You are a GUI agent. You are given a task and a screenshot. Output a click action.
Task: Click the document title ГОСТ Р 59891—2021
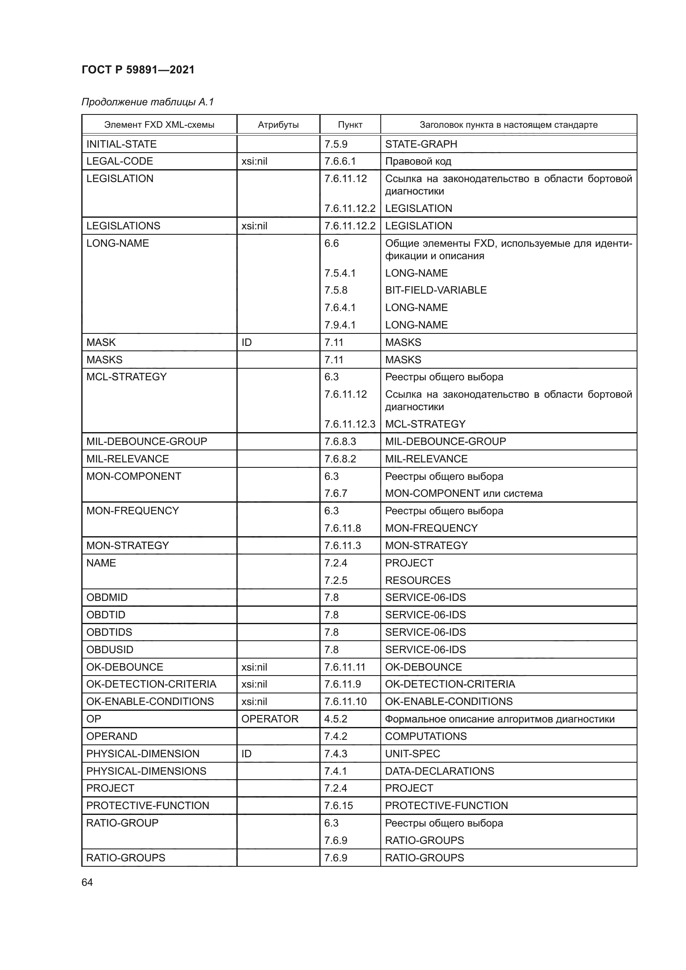click(x=138, y=70)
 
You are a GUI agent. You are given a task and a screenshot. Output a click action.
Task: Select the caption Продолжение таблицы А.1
click(x=147, y=102)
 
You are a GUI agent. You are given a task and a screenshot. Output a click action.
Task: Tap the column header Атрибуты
click(x=278, y=125)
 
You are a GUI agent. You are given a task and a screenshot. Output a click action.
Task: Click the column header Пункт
click(x=350, y=125)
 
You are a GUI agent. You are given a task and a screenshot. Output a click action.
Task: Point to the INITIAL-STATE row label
click(x=121, y=144)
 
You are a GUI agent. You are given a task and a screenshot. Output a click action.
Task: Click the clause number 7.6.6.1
click(x=340, y=161)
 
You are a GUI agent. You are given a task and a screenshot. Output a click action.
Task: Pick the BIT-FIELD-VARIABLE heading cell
click(x=435, y=290)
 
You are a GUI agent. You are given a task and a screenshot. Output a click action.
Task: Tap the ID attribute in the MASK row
click(x=246, y=342)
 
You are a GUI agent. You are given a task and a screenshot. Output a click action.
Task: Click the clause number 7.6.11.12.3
click(x=349, y=424)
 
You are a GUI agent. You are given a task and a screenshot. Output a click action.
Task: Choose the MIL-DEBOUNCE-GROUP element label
click(x=146, y=442)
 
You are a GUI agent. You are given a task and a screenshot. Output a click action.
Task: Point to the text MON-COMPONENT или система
click(x=463, y=494)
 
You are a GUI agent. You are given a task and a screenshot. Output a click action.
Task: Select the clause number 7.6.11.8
click(x=342, y=528)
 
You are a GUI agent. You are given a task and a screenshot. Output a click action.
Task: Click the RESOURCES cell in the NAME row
click(x=417, y=580)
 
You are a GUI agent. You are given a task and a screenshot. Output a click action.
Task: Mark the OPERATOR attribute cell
click(x=270, y=719)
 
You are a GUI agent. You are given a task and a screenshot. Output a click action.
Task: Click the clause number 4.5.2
click(x=336, y=719)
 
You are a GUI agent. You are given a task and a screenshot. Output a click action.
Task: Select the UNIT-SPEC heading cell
click(x=412, y=753)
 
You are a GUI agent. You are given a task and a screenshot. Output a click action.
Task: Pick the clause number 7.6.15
click(x=338, y=805)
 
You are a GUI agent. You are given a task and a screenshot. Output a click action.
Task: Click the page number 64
click(x=87, y=882)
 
